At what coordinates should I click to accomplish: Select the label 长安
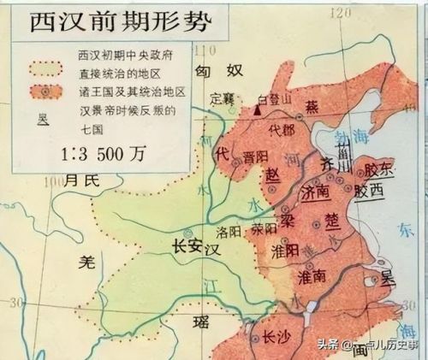185,242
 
